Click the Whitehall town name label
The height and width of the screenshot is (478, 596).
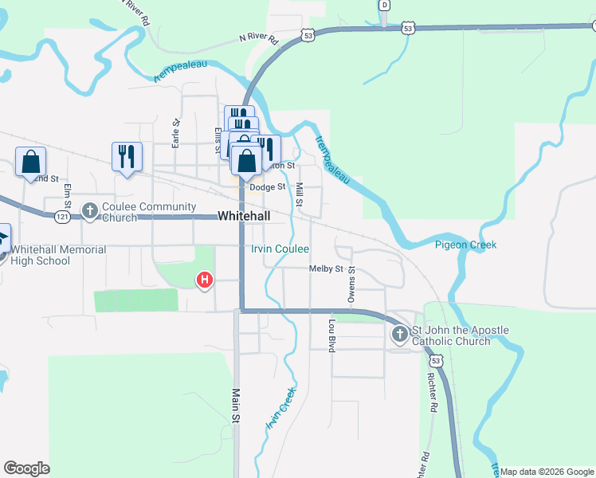click(x=244, y=216)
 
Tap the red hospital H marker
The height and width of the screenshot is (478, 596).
click(x=205, y=280)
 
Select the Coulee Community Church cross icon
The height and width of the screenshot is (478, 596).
click(x=89, y=211)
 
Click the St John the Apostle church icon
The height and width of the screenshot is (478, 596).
click(x=399, y=335)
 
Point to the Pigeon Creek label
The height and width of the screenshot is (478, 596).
click(x=465, y=245)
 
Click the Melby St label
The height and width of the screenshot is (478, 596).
click(x=326, y=269)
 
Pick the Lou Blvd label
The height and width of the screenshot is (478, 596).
click(x=331, y=335)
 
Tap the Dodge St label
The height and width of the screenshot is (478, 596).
click(x=267, y=187)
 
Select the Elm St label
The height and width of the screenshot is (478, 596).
click(x=68, y=197)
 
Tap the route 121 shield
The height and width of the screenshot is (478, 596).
click(x=63, y=217)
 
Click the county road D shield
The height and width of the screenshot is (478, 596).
click(x=385, y=5)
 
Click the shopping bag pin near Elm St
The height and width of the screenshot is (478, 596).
click(x=30, y=163)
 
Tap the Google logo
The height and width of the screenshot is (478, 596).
click(x=26, y=468)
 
